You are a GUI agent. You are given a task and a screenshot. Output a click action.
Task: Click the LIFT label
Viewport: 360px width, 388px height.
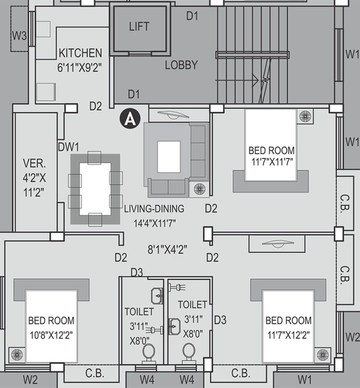click(x=139, y=27)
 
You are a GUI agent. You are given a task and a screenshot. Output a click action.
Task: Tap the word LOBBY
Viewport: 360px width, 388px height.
click(x=182, y=65)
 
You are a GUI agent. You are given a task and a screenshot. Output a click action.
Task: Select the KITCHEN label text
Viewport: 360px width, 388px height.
click(x=80, y=53)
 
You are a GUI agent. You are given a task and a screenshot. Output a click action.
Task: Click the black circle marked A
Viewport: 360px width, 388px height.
click(x=130, y=119)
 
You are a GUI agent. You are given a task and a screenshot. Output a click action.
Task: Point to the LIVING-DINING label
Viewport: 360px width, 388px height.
click(x=154, y=208)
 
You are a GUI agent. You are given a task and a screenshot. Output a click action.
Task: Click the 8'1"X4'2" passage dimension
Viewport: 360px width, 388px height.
click(x=167, y=249)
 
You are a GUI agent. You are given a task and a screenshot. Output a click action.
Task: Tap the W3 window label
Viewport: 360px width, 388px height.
click(x=19, y=36)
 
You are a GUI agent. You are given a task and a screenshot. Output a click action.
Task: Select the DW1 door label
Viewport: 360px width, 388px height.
click(x=69, y=147)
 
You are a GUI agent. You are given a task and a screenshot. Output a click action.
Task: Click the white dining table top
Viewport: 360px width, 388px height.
click(x=95, y=189)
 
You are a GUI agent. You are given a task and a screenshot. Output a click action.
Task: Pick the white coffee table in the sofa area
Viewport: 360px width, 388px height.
click(x=169, y=156)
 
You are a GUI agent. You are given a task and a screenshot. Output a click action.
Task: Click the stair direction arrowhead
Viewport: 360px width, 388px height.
click(x=256, y=80)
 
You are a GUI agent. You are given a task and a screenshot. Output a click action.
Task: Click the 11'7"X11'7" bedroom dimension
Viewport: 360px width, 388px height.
click(x=272, y=162)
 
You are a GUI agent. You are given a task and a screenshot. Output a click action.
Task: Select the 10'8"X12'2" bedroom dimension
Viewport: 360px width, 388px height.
click(x=51, y=335)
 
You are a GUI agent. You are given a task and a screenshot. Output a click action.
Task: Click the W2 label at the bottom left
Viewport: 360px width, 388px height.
click(x=30, y=380)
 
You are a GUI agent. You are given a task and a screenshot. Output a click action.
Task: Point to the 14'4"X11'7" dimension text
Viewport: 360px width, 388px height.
click(x=155, y=223)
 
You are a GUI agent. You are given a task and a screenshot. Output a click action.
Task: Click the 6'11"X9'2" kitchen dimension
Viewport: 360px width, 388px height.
click(x=80, y=68)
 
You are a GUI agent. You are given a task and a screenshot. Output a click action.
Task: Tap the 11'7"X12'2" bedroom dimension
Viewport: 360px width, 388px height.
click(x=289, y=335)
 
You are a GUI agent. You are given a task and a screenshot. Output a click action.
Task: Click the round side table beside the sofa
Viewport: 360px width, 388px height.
click(x=200, y=189)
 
